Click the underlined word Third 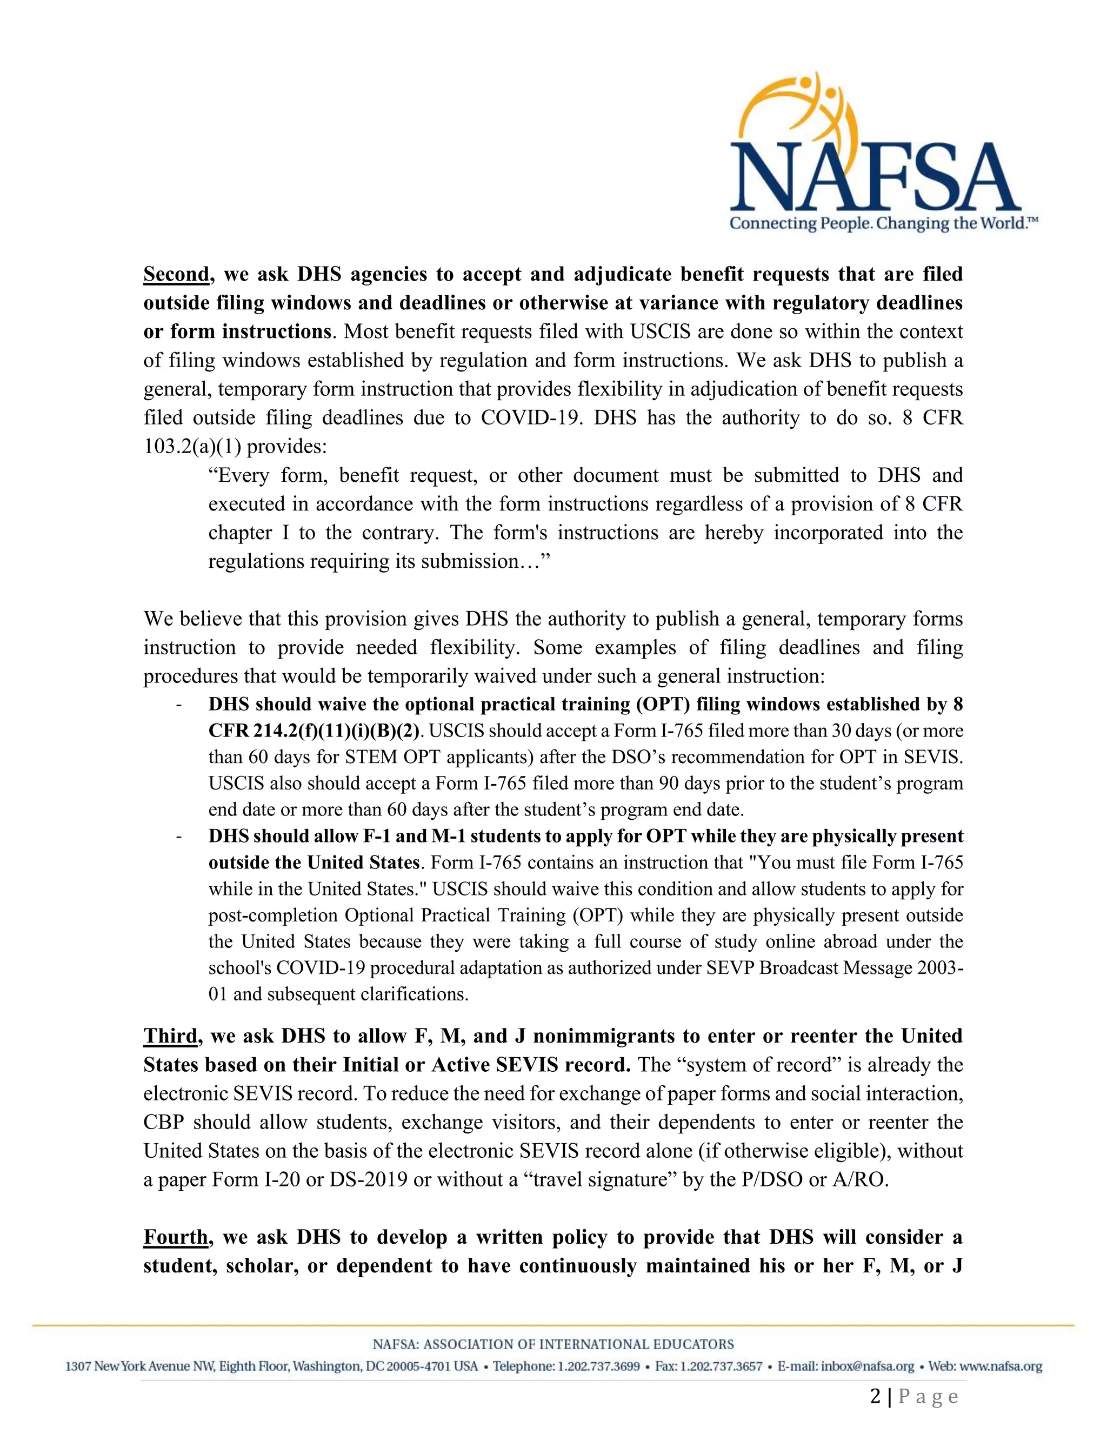pyautogui.click(x=170, y=1036)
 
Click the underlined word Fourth pyautogui.click(x=176, y=1237)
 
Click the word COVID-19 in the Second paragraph pyautogui.click(x=531, y=418)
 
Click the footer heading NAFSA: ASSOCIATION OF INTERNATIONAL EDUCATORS pyautogui.click(x=553, y=1344)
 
